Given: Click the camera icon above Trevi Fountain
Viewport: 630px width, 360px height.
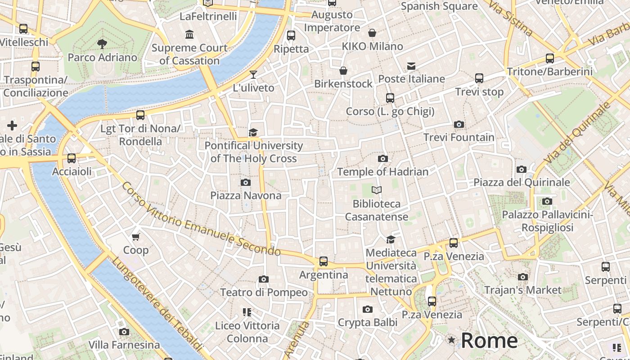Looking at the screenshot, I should tap(459, 125).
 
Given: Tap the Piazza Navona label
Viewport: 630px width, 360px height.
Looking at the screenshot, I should tap(246, 195).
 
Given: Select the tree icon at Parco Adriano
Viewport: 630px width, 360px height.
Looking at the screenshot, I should tap(102, 44).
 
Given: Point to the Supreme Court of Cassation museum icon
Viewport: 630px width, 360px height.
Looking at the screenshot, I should tap(189, 35).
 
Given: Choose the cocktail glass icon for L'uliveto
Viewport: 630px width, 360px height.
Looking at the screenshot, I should tap(253, 75).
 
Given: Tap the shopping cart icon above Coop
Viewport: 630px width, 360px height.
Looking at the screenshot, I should tap(136, 237).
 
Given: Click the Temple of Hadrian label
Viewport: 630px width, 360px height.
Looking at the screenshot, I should tap(382, 171).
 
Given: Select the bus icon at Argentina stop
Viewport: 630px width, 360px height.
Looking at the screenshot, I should tap(323, 261).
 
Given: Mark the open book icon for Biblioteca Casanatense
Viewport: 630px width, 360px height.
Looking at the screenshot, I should tap(377, 190).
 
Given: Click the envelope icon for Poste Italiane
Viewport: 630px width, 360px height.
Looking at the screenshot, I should tap(411, 66).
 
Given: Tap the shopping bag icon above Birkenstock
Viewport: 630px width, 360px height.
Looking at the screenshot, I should tap(343, 71).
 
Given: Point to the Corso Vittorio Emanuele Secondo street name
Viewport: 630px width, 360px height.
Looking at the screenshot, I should tap(201, 219).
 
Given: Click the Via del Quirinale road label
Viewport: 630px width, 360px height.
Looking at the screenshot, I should tap(576, 133).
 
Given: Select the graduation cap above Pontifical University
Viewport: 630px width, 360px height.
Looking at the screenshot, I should tap(253, 132).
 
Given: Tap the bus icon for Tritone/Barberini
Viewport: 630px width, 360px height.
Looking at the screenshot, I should tap(549, 58).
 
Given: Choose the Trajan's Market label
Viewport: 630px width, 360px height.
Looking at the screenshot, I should tap(523, 290).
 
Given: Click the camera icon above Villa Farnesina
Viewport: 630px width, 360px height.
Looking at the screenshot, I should tap(124, 332).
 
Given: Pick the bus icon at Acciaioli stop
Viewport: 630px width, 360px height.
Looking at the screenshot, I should tap(72, 158).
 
